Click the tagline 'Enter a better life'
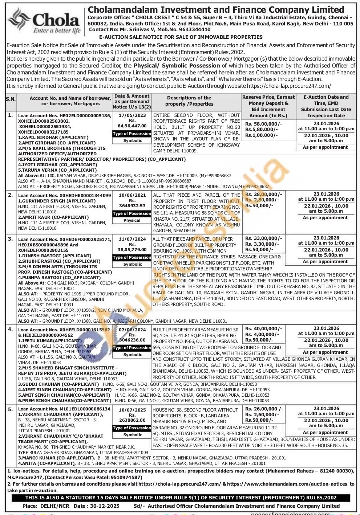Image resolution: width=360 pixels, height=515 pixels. [57, 31]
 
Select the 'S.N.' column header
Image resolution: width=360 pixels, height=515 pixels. [11, 99]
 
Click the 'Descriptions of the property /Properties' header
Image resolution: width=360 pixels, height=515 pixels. [189, 101]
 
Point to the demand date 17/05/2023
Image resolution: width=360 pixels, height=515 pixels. [132, 115]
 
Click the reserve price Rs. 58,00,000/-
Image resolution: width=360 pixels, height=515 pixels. [263, 123]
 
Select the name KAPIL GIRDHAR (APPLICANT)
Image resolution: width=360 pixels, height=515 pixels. [53, 138]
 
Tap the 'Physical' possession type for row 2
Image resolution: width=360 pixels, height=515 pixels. [132, 220]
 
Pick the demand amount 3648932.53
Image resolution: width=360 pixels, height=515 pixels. [132, 205]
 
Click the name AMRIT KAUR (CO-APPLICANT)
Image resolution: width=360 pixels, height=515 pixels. [53, 217]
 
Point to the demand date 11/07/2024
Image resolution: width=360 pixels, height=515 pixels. [132, 239]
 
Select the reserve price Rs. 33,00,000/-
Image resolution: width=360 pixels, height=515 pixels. [263, 238]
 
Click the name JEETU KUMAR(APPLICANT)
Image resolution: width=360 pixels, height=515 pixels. [50, 341]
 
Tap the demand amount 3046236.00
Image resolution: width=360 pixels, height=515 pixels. [132, 340]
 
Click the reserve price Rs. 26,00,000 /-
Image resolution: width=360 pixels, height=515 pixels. [264, 409]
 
